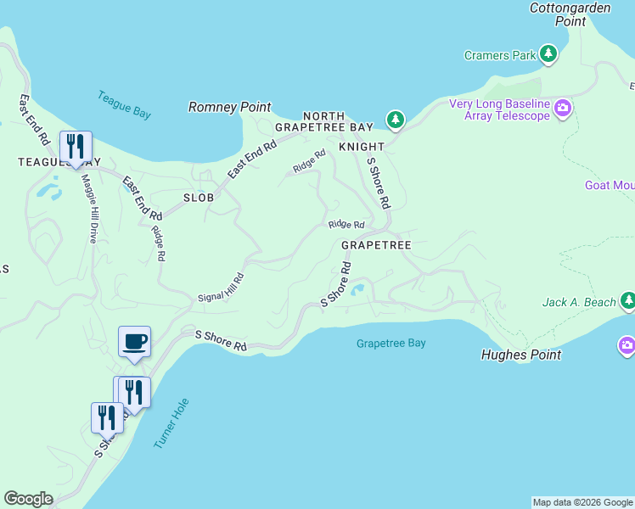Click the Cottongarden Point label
[x=570, y=14]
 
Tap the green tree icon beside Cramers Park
[x=548, y=55]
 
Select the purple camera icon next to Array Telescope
[x=563, y=108]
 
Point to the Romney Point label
[x=229, y=107]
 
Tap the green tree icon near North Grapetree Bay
[x=395, y=120]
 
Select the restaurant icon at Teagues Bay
[x=76, y=147]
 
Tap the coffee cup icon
[x=134, y=342]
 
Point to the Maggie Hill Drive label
[x=87, y=209]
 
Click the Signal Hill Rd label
[x=221, y=288]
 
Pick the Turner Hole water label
[x=171, y=423]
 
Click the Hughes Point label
[x=521, y=355]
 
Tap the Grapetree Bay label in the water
[x=391, y=344]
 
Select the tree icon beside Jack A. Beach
[x=627, y=300]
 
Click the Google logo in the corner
[x=28, y=499]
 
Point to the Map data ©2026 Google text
[x=582, y=502]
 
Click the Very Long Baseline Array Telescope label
[x=500, y=109]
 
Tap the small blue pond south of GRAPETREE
[x=357, y=290]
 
